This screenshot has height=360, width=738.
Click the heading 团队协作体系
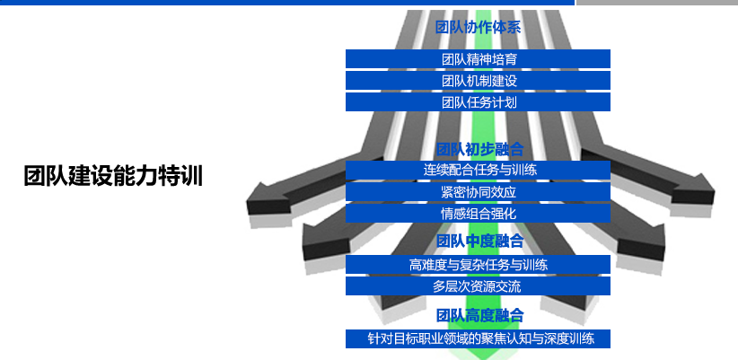coord(478,28)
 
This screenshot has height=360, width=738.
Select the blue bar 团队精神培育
coord(478,59)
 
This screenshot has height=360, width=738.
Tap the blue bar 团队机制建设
coord(478,81)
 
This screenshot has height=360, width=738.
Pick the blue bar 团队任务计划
coord(478,102)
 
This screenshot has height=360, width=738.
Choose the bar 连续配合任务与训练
coord(478,170)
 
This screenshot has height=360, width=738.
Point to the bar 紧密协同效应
coord(478,192)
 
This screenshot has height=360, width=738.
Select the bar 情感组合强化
coord(478,214)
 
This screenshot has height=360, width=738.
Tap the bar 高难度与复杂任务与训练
coord(478,265)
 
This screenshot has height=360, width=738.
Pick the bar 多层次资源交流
coord(478,286)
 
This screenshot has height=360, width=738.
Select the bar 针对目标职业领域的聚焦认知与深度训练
coord(478,339)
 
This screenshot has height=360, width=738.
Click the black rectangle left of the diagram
coord(113,175)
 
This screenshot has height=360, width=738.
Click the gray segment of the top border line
coord(656,3)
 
